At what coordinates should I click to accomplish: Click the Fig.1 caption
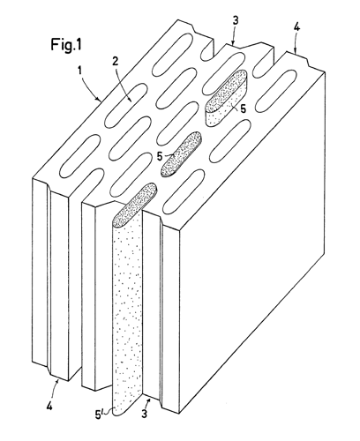66,45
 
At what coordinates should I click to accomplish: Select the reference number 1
79,71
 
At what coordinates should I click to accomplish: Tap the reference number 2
116,62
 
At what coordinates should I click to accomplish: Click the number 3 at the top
236,21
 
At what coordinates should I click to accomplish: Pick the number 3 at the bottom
144,414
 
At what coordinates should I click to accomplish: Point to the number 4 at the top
296,28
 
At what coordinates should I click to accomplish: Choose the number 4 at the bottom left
49,407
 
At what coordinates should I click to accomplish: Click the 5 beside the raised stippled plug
243,108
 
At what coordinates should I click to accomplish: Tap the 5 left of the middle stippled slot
160,156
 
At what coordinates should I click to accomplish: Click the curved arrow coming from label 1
90,86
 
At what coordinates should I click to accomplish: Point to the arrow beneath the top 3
234,36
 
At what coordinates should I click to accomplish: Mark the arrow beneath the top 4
296,44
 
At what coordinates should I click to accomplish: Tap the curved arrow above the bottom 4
55,390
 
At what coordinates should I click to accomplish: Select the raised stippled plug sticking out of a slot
227,98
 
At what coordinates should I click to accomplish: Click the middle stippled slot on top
182,154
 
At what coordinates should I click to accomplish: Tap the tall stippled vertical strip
128,311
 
